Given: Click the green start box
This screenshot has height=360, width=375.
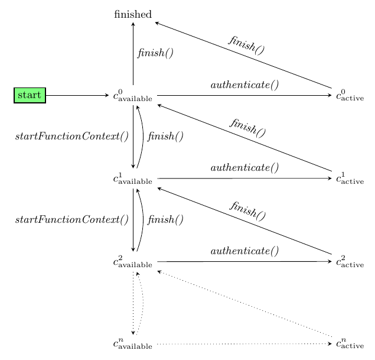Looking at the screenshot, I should (30, 95).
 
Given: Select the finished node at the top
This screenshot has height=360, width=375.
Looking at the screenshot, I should (133, 14).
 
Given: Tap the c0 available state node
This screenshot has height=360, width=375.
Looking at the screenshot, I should (133, 96).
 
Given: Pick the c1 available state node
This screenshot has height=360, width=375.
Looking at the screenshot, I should (133, 179).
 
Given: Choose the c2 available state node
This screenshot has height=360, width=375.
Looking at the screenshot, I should (133, 261).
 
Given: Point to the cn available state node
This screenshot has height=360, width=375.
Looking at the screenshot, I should (133, 344).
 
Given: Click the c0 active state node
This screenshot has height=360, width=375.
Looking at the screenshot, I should (350, 96).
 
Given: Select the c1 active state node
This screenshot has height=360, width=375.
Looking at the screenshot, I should (350, 179).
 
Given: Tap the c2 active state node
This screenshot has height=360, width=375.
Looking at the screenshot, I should (350, 261).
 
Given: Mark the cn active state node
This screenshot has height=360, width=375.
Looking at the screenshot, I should (350, 344).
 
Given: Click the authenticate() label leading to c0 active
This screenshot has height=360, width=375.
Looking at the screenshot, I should (244, 85).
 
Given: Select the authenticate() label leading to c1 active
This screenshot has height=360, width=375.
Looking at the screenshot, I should (244, 168).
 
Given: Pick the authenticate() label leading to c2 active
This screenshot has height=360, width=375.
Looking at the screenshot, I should (244, 251).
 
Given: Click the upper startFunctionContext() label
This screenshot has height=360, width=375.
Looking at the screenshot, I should (71, 137).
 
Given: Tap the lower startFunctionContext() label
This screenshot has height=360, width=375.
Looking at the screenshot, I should (71, 220).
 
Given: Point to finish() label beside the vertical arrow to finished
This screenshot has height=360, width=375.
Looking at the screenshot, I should (155, 53).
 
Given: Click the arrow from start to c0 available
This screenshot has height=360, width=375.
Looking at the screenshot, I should (77, 95).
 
